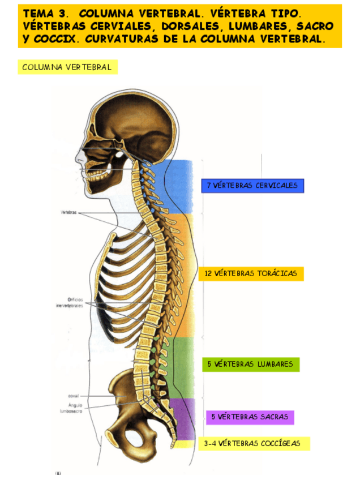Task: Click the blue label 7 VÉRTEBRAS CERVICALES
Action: (252, 186)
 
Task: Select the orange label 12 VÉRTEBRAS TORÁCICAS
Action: (251, 273)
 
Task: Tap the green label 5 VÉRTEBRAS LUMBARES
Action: (250, 364)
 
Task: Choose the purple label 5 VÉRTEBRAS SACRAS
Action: (250, 417)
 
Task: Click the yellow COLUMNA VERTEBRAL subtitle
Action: (67, 67)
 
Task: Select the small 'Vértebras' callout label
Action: (68, 213)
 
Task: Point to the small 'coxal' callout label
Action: (74, 396)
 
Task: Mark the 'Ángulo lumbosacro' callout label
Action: (76, 409)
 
